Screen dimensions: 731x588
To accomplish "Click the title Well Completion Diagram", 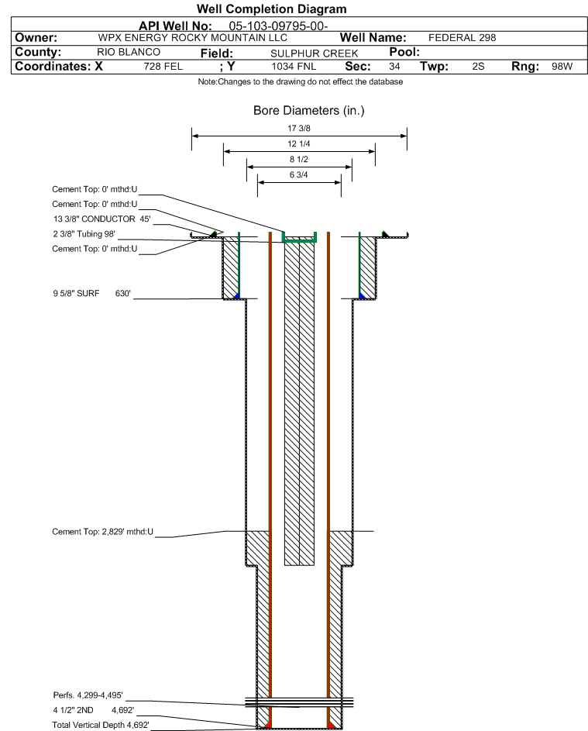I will (271, 9).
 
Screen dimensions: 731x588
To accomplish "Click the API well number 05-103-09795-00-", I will (279, 26).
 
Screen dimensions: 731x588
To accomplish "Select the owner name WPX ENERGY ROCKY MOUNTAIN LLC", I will (193, 38).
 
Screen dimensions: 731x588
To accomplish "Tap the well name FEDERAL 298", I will (462, 38).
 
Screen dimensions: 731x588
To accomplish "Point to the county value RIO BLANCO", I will (129, 52).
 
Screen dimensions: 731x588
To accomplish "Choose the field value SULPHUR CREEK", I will (315, 53).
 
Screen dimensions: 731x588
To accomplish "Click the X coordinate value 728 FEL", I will (163, 67).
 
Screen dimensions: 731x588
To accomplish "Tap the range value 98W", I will (562, 67).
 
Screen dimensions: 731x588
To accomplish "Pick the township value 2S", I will (478, 67).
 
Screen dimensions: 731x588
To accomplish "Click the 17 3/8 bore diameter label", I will (297, 129).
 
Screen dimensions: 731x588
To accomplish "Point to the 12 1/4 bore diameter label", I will (297, 145).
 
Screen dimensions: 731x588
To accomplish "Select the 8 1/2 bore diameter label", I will (297, 160).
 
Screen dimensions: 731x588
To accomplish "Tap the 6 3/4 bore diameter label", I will (297, 175).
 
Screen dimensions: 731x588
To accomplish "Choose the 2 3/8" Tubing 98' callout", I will (83, 234).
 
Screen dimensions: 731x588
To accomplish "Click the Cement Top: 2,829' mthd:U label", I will (103, 532).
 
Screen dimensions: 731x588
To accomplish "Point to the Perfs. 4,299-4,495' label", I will (88, 695).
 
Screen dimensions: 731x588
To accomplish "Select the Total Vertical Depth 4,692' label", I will (100, 724).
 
